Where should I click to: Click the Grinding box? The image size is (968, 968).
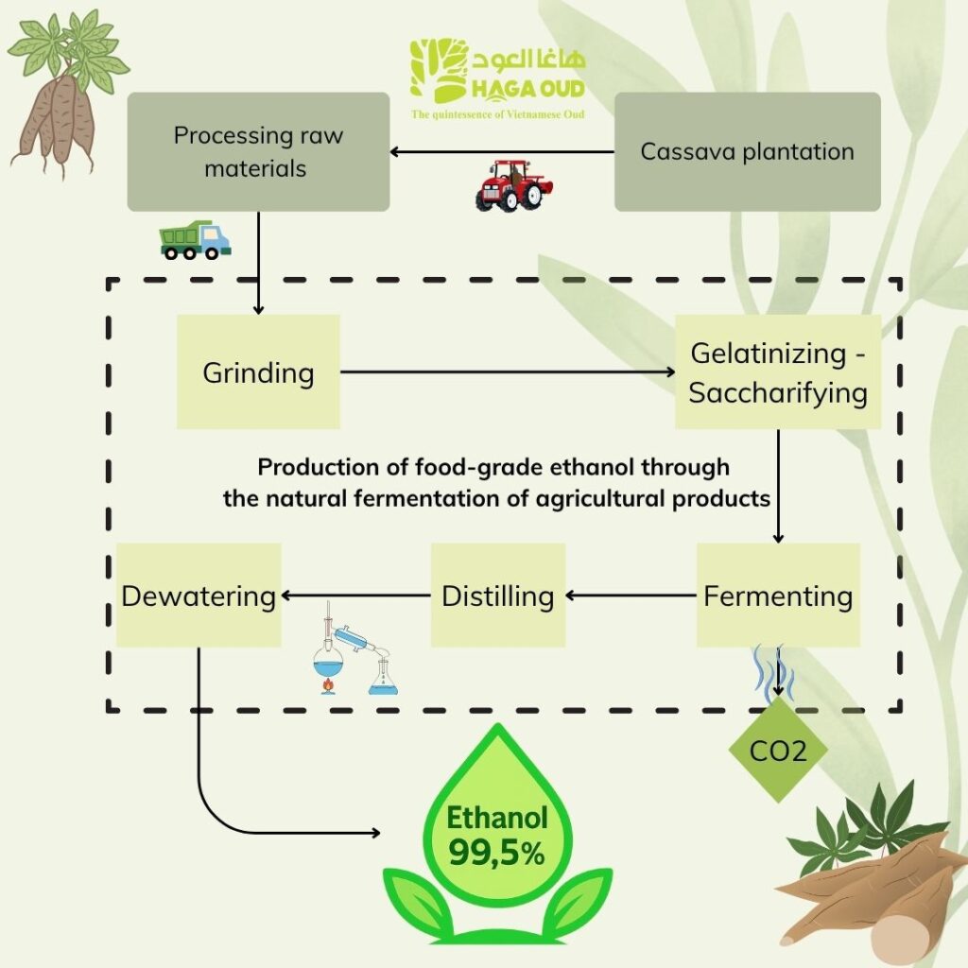[258, 372]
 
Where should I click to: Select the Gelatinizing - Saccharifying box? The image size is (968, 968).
[778, 372]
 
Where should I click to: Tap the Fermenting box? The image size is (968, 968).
[778, 596]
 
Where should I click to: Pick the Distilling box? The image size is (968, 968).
[498, 596]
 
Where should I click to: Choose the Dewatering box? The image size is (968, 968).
[199, 596]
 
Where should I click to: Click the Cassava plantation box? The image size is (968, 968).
[747, 151]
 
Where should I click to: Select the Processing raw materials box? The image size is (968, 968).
[258, 151]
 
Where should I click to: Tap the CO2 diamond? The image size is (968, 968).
[778, 752]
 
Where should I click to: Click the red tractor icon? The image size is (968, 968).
[512, 184]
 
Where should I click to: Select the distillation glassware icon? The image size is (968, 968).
[354, 652]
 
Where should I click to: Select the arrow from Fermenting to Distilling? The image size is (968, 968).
[631, 596]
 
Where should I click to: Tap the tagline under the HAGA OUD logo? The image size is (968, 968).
[497, 114]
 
